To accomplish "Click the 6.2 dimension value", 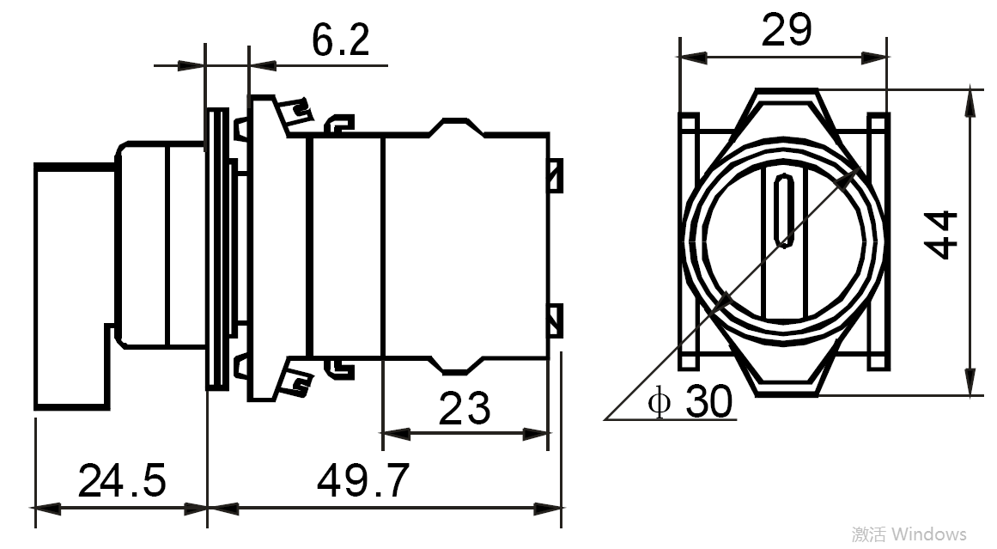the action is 341,40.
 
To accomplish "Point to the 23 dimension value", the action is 465,408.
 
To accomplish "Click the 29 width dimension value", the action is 787,30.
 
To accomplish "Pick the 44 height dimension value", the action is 940,235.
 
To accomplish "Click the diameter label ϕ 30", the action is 690,401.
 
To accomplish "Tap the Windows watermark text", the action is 909,533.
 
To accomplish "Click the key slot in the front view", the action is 785,210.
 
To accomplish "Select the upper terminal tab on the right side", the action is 556,175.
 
